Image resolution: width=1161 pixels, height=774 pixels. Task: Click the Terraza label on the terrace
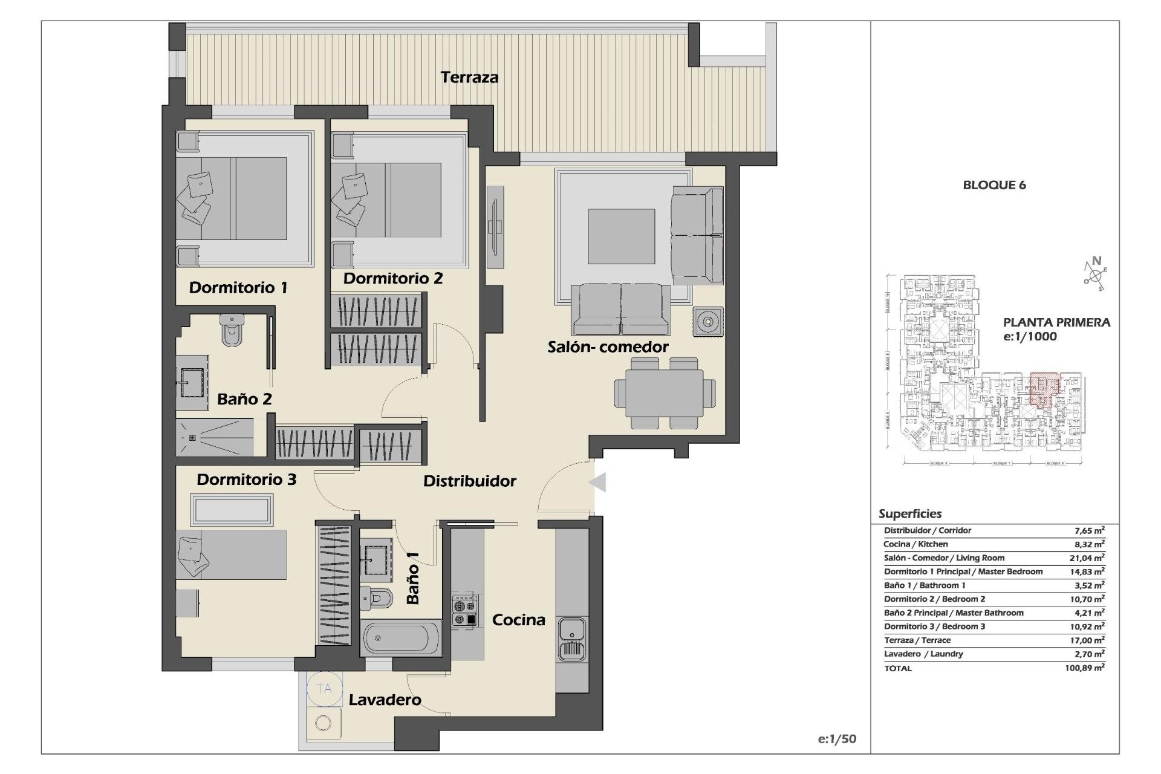(x=469, y=77)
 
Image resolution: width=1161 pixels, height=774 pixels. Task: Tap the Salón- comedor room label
(x=608, y=347)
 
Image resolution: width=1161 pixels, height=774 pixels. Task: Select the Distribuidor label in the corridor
(x=469, y=481)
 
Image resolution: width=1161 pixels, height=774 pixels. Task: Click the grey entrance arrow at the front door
(x=597, y=483)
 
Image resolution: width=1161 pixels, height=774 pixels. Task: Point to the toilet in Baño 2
(x=231, y=330)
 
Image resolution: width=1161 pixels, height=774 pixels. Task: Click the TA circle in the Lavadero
(x=324, y=689)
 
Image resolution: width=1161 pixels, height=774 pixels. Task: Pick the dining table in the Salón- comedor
(x=665, y=393)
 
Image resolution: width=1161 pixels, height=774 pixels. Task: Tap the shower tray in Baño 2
(x=215, y=438)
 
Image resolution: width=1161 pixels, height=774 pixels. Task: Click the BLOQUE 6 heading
(x=994, y=186)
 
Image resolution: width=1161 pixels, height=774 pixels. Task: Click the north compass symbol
(x=1095, y=275)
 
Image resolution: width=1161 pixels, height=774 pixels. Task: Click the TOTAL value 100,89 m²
(x=1085, y=668)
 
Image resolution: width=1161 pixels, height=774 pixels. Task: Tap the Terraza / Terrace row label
(x=917, y=640)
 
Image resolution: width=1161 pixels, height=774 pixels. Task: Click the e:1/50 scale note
(x=836, y=739)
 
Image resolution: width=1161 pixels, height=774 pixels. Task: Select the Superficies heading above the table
(x=909, y=514)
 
